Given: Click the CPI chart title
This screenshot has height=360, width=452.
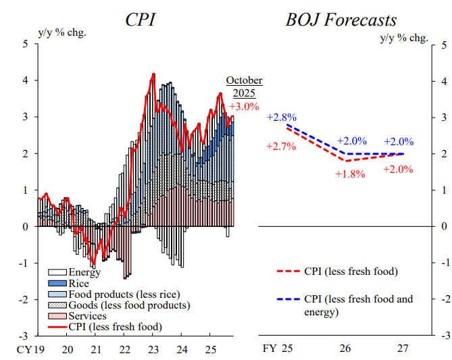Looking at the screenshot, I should [140, 20].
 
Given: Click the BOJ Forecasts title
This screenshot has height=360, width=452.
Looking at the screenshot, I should [342, 20].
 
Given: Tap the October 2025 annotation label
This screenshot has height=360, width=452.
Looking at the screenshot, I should [244, 86].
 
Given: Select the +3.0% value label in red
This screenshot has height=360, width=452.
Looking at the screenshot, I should [244, 107].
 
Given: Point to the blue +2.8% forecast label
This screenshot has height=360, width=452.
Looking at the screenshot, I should [281, 117].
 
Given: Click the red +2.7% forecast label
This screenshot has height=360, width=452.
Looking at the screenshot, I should [281, 146].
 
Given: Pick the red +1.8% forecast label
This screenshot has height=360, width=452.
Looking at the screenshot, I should [350, 174].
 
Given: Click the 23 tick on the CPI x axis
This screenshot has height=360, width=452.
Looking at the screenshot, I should [153, 350].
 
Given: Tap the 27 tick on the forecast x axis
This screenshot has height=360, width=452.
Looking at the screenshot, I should [403, 350].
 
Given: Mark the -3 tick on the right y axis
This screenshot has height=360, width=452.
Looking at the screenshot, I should [443, 336].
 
